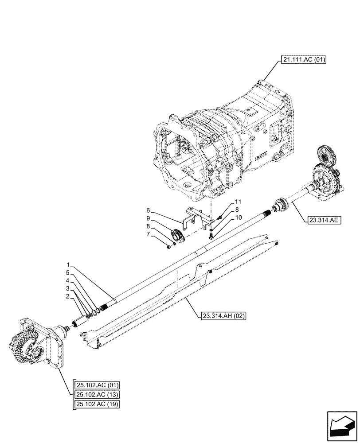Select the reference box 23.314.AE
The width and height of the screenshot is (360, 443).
pos(322,219)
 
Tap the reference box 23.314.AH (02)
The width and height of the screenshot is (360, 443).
pos(223,316)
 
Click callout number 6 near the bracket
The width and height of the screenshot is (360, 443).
pos(149,210)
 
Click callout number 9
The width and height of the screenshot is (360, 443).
pos(149,218)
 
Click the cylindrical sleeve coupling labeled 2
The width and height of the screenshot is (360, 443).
pos(80,319)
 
